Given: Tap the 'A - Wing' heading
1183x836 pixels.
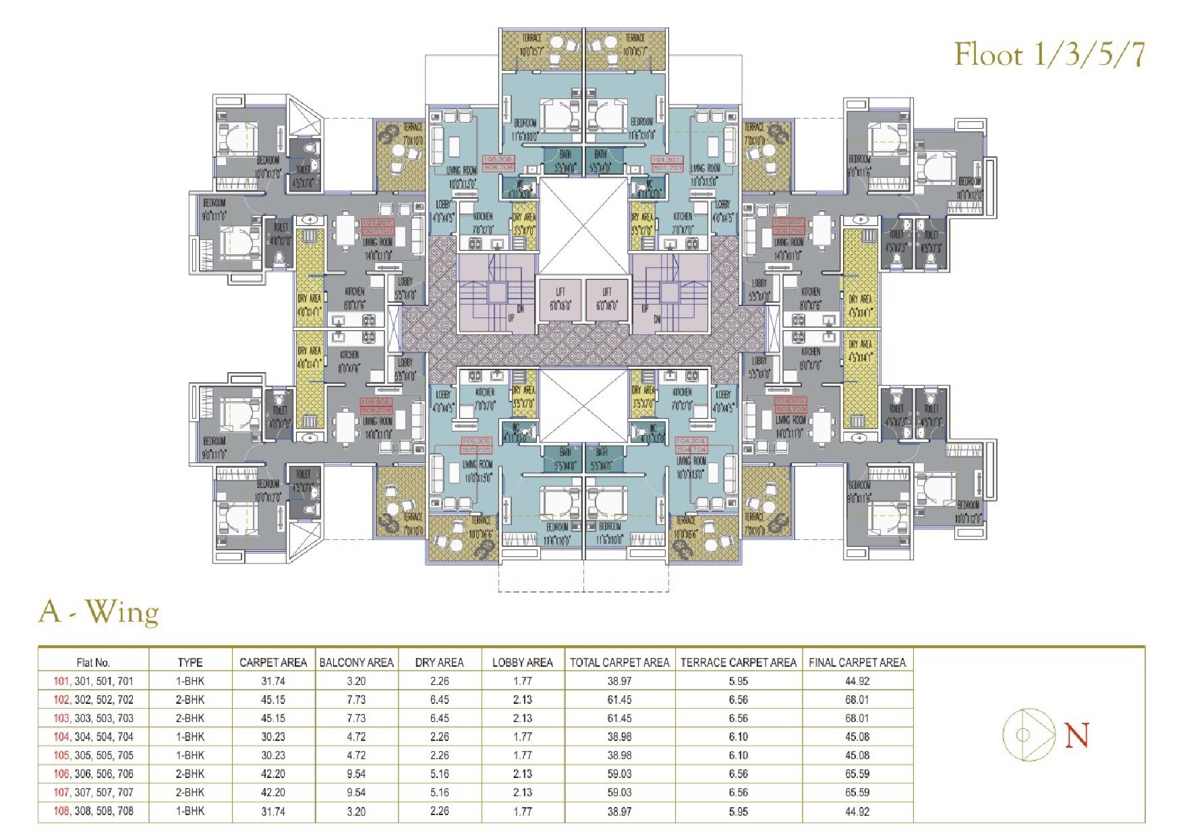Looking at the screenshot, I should click(99, 612).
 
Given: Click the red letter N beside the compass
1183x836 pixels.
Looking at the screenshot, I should click(1076, 736).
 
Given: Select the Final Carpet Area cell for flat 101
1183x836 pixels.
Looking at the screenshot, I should click(857, 681).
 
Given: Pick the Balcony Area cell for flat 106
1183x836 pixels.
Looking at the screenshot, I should click(356, 774).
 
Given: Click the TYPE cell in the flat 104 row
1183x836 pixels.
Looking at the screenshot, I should click(190, 737).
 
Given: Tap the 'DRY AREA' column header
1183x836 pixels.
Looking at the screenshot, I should click(439, 663).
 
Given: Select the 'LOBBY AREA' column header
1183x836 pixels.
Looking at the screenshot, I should click(522, 663).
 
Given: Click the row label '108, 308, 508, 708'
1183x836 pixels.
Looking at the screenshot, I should click(94, 811).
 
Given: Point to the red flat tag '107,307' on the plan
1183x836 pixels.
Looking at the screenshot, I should click(378, 227).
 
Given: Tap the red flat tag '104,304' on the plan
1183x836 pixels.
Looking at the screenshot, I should click(691, 445).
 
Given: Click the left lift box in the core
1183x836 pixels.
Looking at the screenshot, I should click(560, 299).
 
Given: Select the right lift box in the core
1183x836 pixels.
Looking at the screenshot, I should click(606, 299).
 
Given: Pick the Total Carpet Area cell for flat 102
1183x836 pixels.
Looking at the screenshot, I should click(619, 700).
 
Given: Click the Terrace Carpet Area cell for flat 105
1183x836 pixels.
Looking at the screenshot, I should click(738, 755).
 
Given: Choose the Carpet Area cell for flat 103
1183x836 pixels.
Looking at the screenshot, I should click(273, 718).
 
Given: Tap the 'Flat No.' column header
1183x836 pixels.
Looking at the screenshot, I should click(94, 663).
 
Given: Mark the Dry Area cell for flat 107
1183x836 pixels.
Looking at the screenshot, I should click(439, 792).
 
